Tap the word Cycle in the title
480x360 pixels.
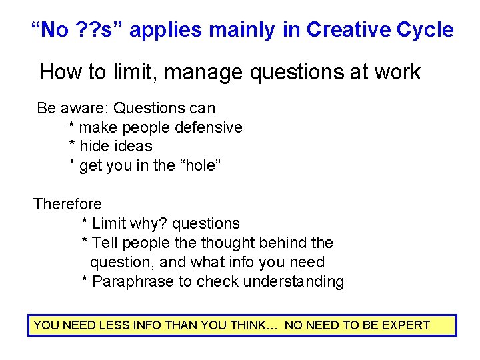(x=425, y=30)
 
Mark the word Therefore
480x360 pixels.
(x=68, y=204)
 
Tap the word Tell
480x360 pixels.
(x=106, y=243)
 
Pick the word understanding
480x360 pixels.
(x=293, y=282)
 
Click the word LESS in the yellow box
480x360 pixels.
(x=115, y=325)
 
